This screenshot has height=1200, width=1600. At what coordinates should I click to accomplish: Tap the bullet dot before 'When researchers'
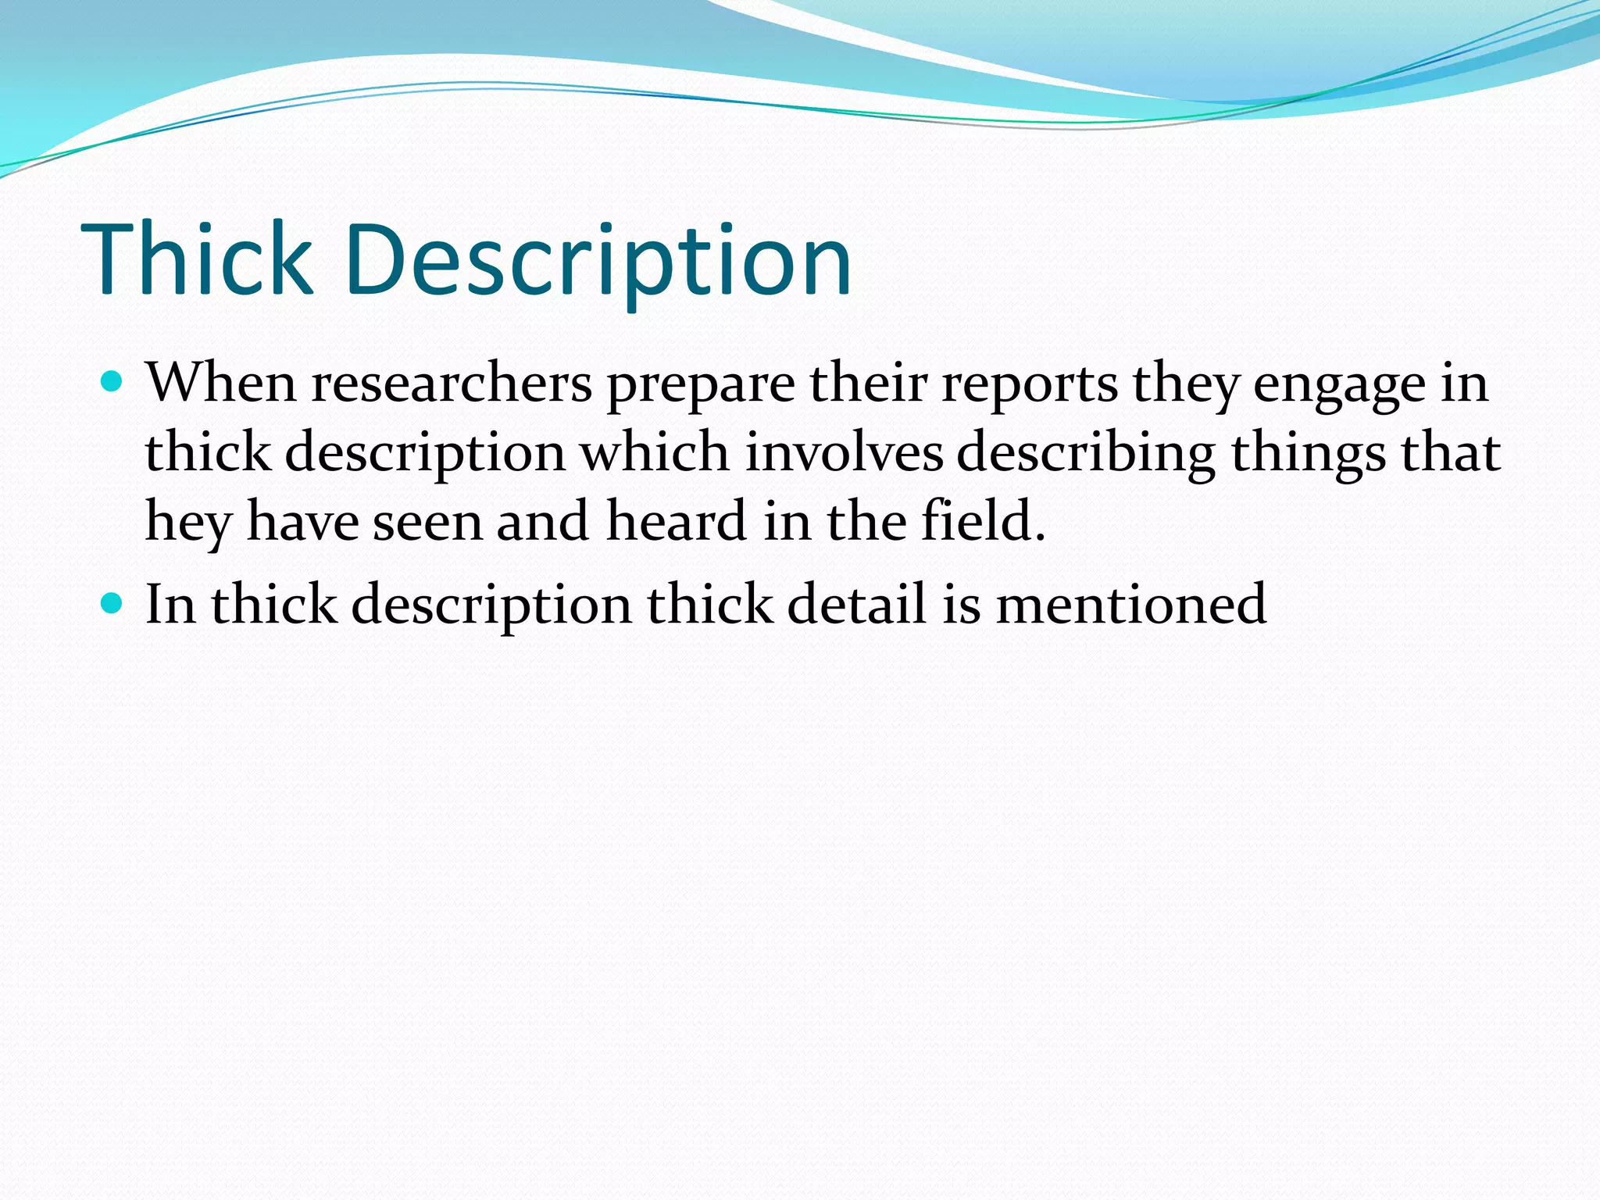pyautogui.click(x=112, y=382)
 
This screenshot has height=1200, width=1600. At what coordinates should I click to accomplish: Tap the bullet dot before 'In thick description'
pyautogui.click(x=112, y=603)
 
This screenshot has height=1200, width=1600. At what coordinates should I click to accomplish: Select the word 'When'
pyautogui.click(x=221, y=384)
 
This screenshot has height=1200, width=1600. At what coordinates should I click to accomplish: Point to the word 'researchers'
pyautogui.click(x=452, y=384)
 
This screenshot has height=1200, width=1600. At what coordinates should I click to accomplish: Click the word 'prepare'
pyautogui.click(x=700, y=385)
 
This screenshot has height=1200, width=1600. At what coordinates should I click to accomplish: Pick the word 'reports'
pyautogui.click(x=1029, y=385)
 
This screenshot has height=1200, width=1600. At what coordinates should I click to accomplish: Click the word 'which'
pyautogui.click(x=655, y=452)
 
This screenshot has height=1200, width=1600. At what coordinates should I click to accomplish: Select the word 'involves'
pyautogui.click(x=844, y=452)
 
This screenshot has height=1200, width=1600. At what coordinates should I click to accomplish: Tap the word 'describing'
pyautogui.click(x=1086, y=454)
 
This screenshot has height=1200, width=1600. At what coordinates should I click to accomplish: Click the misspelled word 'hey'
pyautogui.click(x=188, y=523)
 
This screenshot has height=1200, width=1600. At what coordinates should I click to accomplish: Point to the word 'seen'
pyautogui.click(x=427, y=523)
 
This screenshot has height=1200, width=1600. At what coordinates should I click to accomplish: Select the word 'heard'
pyautogui.click(x=677, y=521)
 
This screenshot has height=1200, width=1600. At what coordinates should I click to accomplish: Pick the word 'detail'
pyautogui.click(x=856, y=604)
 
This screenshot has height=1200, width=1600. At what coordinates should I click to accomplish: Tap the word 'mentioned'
pyautogui.click(x=1130, y=604)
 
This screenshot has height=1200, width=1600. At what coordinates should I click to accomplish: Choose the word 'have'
pyautogui.click(x=302, y=523)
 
